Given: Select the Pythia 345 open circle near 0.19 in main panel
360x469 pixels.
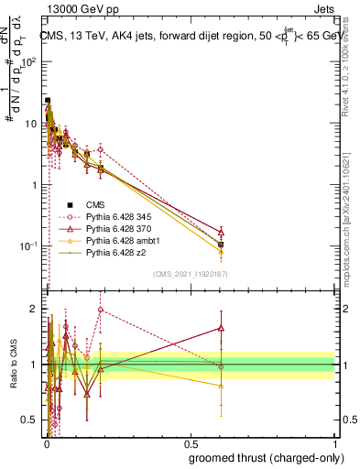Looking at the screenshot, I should coord(100,149).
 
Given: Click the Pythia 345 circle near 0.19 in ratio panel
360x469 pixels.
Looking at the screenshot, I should coord(100,310).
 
